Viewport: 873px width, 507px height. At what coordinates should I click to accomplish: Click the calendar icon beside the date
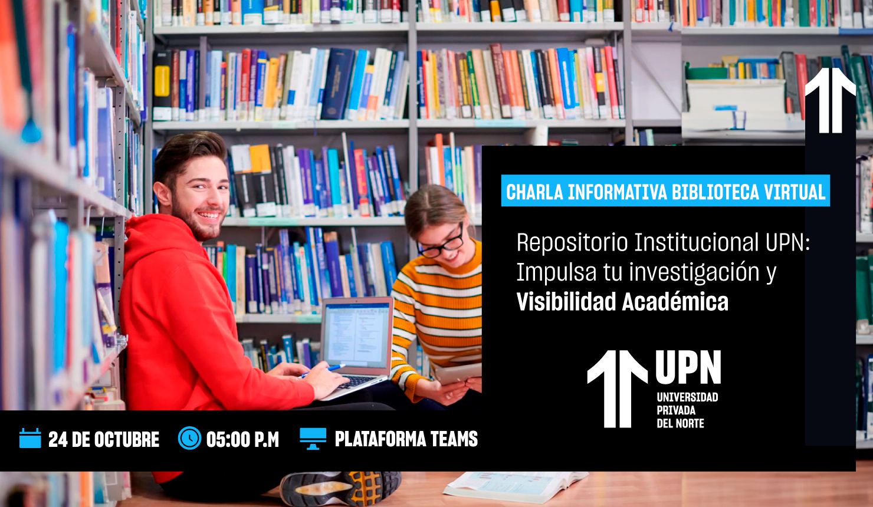(x=30, y=439)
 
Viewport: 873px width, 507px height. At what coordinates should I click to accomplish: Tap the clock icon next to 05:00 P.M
(x=189, y=438)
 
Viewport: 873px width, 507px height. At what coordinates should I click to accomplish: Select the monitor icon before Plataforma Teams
(x=313, y=439)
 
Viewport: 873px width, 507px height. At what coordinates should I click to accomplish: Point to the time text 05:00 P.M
(x=242, y=440)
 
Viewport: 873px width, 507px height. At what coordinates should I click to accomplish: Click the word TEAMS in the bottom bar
(x=454, y=439)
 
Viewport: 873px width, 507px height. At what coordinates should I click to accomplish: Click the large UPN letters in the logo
(x=688, y=368)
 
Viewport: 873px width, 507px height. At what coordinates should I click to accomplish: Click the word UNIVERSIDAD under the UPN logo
(x=687, y=397)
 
